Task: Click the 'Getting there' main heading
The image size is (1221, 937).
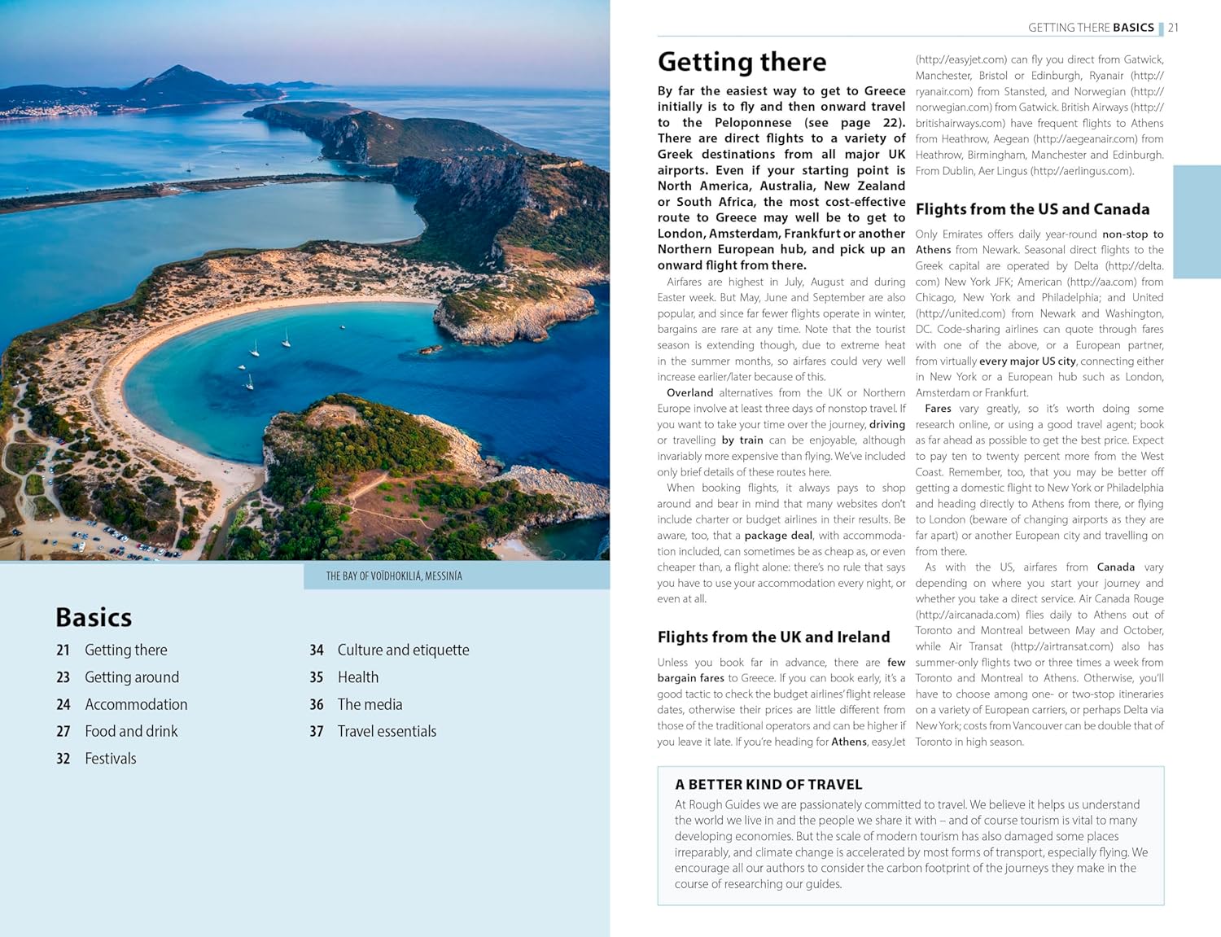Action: [x=742, y=62]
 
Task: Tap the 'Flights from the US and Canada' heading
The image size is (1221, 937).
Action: [x=1032, y=209]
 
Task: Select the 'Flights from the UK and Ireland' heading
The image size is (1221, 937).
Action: [x=773, y=637]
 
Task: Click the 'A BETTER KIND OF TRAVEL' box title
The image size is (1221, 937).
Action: [x=768, y=784]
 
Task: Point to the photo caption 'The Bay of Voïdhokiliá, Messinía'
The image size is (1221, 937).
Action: [x=394, y=576]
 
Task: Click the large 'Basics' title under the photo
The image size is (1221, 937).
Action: [x=94, y=617]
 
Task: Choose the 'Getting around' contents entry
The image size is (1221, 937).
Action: [x=132, y=677]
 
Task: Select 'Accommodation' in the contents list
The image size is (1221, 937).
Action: [x=136, y=704]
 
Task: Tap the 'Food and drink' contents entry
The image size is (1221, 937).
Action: [x=131, y=731]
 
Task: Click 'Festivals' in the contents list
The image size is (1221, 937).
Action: [x=111, y=758]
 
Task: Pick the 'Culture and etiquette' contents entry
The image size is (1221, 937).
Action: [x=403, y=650]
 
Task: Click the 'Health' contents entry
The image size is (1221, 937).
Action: [x=358, y=677]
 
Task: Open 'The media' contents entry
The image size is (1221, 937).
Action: [x=370, y=704]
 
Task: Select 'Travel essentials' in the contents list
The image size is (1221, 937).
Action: [x=387, y=731]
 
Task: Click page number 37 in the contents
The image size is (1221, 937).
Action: [x=317, y=731]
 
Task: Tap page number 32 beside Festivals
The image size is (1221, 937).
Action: [x=63, y=758]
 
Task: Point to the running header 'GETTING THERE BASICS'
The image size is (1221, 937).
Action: [x=1091, y=28]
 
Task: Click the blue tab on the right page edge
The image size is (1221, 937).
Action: [x=1197, y=221]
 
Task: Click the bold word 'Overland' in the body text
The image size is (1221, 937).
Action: [x=689, y=392]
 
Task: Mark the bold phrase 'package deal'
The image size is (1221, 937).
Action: [x=778, y=535]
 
